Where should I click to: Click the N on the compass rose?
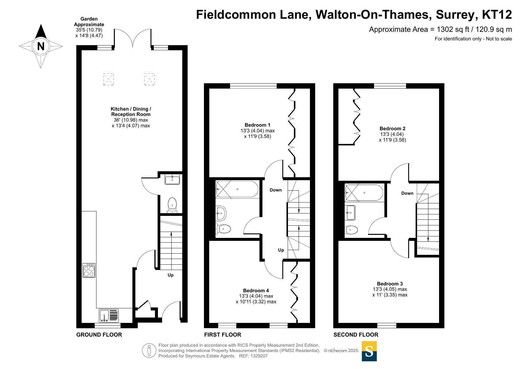pos(41,46)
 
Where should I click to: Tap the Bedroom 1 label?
pos(257,125)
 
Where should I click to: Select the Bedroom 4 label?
pos(256,291)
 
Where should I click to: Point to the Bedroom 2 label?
pos(392,128)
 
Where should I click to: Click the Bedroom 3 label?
pos(390,284)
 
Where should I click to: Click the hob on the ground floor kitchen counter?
pos(89,270)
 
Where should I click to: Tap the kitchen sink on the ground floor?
pos(109,315)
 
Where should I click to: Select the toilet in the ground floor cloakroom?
pos(172,205)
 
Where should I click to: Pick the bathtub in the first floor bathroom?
pos(237,189)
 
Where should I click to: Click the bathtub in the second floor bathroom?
pos(364,193)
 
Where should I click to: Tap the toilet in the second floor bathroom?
pos(351,230)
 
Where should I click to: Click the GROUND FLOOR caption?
pos(99,335)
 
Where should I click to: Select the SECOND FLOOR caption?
pos(356,335)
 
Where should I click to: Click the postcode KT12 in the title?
pos(497,15)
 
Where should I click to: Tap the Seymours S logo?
pos(369,351)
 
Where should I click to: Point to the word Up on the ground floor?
pos(170,275)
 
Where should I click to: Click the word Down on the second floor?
pos(407,193)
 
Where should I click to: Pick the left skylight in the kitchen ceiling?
pos(109,79)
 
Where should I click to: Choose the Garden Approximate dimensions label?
pos(89,27)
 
